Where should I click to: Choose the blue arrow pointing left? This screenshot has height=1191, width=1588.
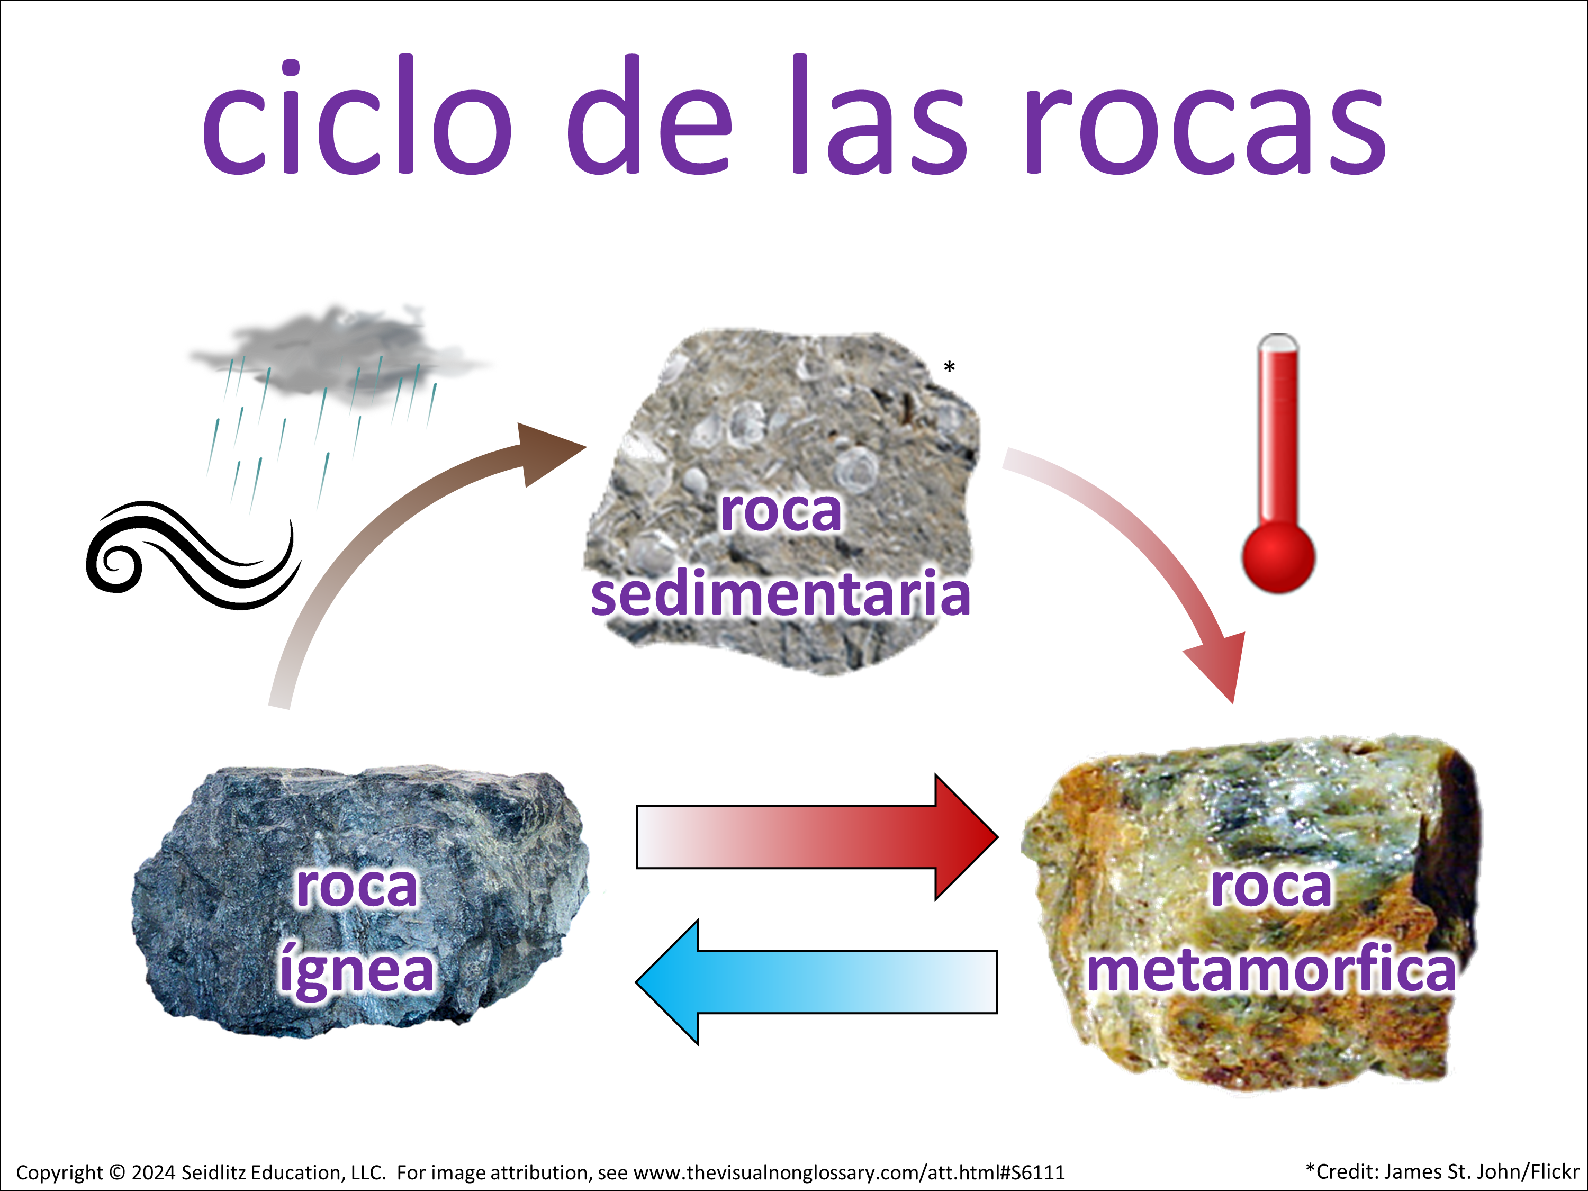coord(816,982)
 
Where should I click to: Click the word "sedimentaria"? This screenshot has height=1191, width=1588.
coord(780,594)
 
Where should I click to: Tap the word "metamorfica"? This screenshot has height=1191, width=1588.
coord(1271,969)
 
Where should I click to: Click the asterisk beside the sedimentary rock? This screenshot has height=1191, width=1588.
coord(949,367)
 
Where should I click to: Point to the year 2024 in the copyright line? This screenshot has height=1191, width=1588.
coord(154,1172)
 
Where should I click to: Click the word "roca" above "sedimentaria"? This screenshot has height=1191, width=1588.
coord(781,512)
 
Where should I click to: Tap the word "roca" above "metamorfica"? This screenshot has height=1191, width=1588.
coord(1271,887)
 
